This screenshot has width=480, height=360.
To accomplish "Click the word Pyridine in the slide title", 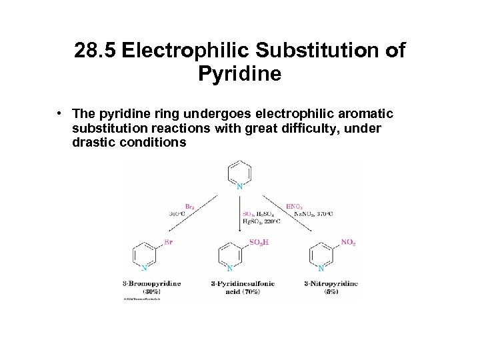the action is tap(239, 73).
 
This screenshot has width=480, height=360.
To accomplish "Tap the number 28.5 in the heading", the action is tap(96, 51).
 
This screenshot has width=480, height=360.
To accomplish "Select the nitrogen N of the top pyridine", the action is tap(239, 187).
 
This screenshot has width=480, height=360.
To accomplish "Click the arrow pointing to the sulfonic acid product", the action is tap(239, 213).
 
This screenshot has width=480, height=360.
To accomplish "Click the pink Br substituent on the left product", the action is tap(168, 242).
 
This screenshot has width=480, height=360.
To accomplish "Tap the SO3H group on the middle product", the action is tap(259, 242).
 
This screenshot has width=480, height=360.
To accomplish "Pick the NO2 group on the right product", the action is tap(348, 243).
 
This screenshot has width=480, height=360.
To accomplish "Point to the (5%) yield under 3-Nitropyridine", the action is tap(331, 292).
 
